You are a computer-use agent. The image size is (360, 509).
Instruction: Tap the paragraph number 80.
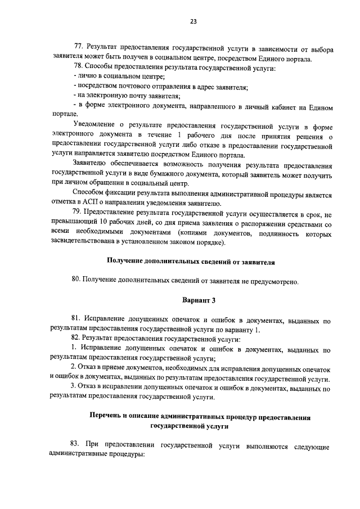pos(78,281)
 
